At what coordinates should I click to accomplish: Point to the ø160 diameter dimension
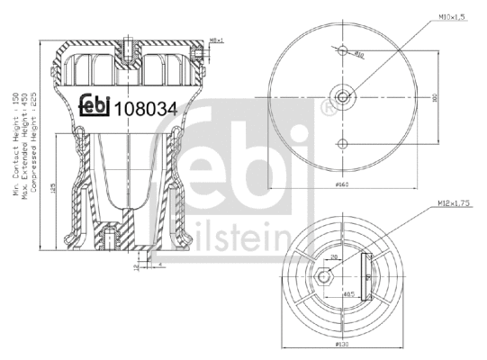pyautogui.click(x=341, y=184)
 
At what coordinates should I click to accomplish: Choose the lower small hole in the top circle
pyautogui.click(x=343, y=143)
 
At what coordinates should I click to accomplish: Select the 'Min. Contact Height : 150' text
pyautogui.click(x=15, y=144)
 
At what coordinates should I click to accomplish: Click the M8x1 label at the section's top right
pyautogui.click(x=214, y=40)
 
